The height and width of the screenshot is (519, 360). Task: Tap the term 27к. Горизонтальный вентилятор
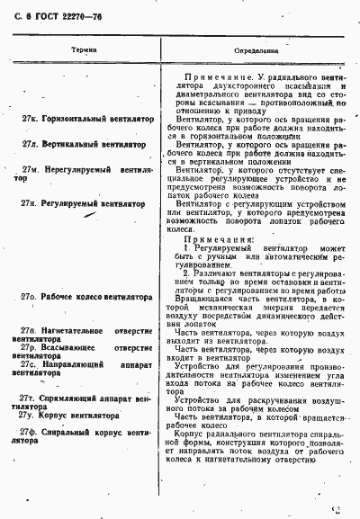point(87,119)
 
